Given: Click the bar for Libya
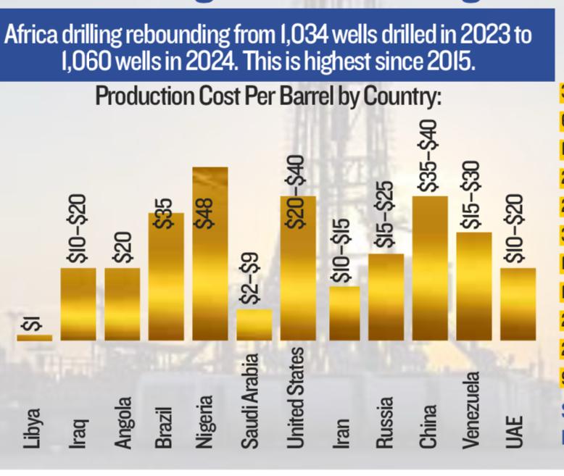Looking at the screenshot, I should pos(34,337).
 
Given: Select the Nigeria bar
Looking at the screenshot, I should pos(210,254).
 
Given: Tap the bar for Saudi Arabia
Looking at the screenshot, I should pos(254,325).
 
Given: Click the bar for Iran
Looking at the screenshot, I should pos(343,313).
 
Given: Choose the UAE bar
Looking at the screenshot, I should pos(518,304).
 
